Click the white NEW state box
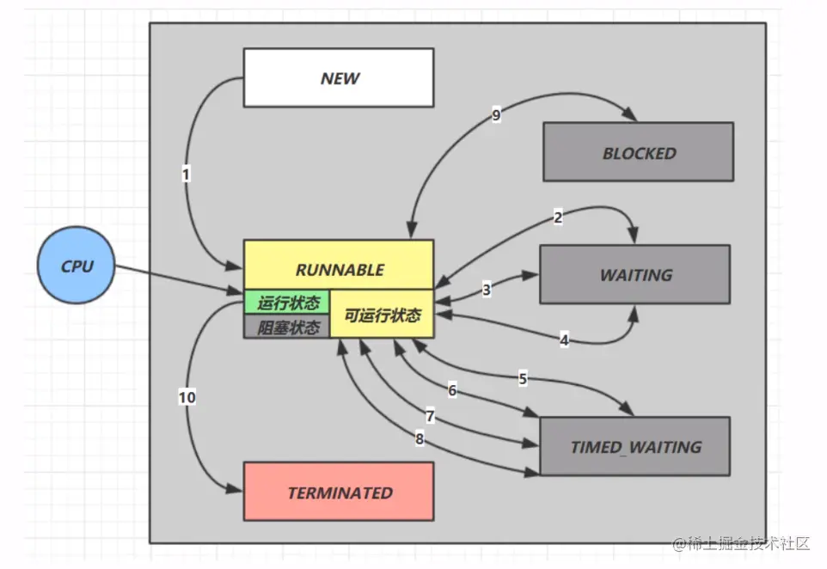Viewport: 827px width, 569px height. point(339,77)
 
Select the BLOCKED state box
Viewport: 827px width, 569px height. point(638,152)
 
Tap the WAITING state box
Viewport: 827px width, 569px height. point(634,274)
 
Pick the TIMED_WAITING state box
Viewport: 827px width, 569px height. point(634,446)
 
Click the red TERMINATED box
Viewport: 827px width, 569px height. point(339,492)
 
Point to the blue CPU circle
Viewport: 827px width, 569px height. point(77,266)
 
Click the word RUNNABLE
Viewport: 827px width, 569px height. point(339,268)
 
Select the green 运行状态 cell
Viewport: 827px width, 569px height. point(287,303)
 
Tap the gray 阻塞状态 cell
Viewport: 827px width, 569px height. point(287,327)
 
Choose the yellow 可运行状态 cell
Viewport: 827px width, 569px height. point(383,315)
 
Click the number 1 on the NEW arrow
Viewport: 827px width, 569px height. point(186,174)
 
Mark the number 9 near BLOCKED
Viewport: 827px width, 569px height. point(496,116)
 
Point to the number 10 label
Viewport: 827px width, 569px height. point(187,397)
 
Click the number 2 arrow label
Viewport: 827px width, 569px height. point(558,217)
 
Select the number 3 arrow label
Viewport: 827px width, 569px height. point(487,290)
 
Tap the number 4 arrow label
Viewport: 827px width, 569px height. point(564,340)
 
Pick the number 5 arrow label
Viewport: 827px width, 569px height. point(523,377)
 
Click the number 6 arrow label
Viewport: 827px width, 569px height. point(452,390)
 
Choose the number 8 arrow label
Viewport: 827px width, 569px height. point(420,439)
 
